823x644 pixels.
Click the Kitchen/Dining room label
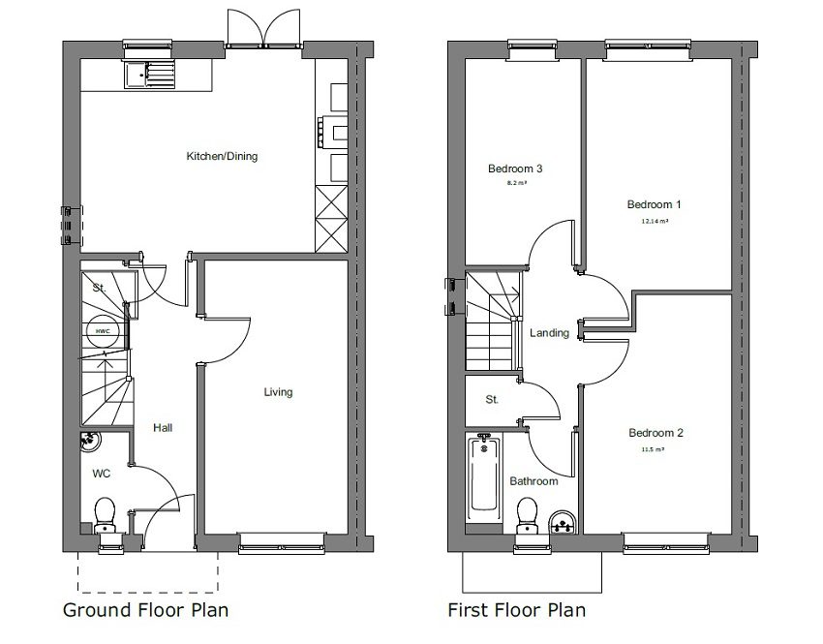[222, 156]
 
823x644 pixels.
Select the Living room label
[278, 392]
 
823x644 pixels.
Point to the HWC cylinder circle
[101, 331]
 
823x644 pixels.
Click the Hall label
[162, 427]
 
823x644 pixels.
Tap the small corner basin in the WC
[89, 441]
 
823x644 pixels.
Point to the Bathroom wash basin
[561, 524]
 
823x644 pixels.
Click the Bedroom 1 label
[655, 204]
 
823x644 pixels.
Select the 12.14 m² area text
[655, 221]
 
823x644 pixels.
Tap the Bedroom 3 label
[515, 169]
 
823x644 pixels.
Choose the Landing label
[549, 332]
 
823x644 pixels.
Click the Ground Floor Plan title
[145, 610]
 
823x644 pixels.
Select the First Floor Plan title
[516, 610]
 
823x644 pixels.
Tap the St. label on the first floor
[492, 399]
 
